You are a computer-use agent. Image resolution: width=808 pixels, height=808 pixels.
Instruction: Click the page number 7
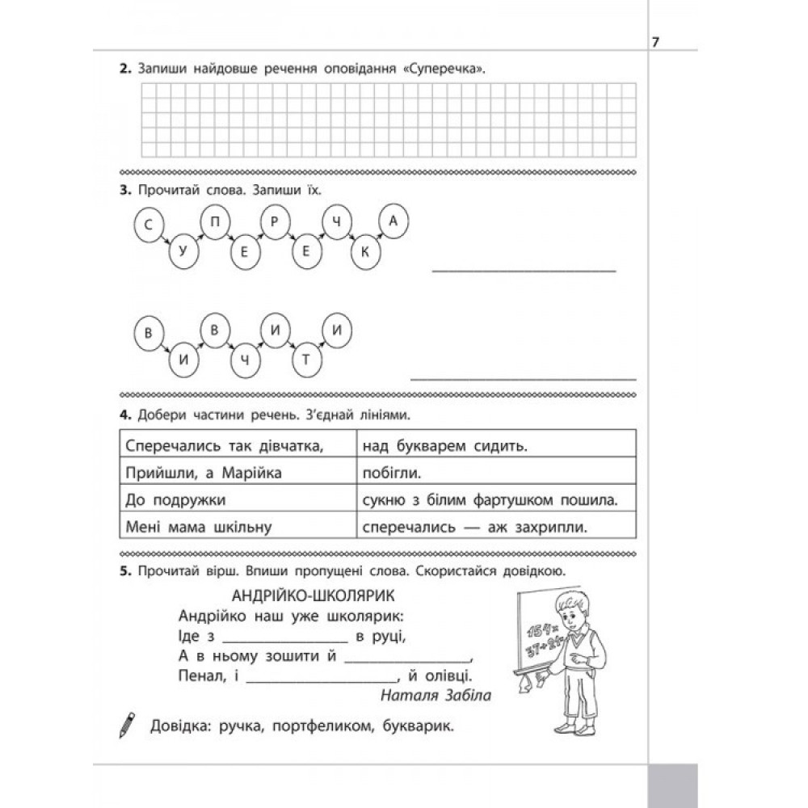tap(656, 43)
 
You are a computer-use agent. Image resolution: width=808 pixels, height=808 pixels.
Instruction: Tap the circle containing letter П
tap(214, 224)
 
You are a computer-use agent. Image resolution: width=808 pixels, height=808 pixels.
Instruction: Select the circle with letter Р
tap(275, 224)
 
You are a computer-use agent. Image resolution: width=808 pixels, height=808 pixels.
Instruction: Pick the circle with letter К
tap(365, 253)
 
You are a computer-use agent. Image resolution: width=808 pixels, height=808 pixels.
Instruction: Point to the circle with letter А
tap(393, 224)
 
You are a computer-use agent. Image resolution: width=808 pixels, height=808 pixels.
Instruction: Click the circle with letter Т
tap(305, 360)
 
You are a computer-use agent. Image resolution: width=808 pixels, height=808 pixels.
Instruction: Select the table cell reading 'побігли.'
tap(494, 472)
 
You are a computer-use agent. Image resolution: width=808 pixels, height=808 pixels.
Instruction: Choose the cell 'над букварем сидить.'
tap(494, 445)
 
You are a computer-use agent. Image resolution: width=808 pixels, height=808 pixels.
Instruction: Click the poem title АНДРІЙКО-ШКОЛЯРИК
tap(312, 597)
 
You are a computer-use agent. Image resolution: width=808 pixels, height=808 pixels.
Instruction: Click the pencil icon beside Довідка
tap(128, 723)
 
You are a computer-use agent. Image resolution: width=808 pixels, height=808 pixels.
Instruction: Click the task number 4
tap(124, 417)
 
